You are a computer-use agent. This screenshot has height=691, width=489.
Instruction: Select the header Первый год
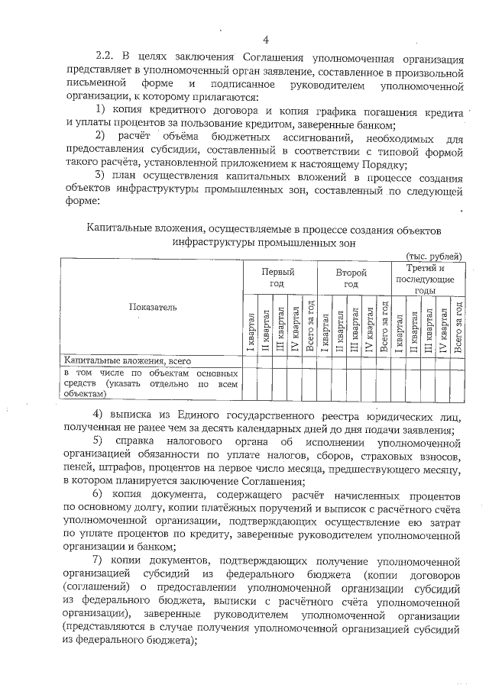pyautogui.click(x=277, y=277)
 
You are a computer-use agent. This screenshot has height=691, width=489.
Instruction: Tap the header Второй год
pyautogui.click(x=351, y=277)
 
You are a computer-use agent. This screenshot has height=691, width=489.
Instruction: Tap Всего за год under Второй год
pyautogui.click(x=384, y=325)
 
